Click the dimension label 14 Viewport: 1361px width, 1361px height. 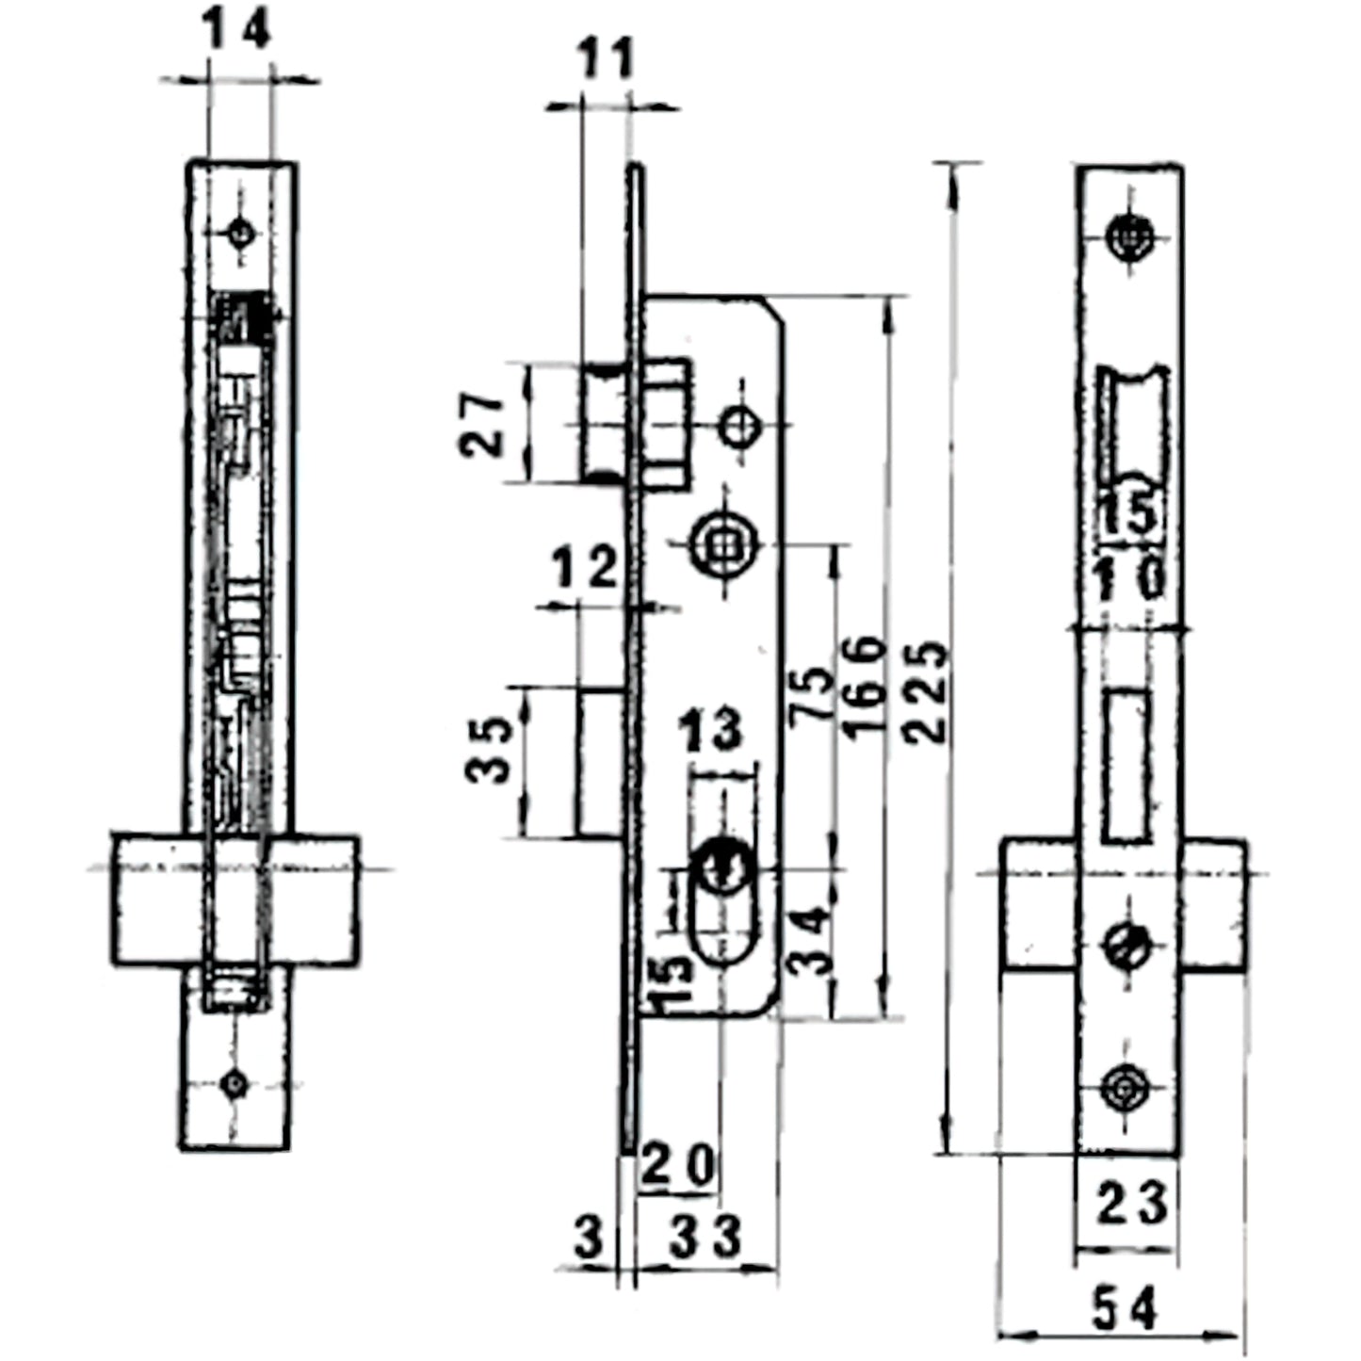pyautogui.click(x=237, y=30)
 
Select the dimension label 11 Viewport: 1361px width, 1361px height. pyautogui.click(x=604, y=59)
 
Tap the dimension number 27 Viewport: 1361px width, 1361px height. pyautogui.click(x=484, y=425)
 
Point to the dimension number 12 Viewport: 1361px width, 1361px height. pyautogui.click(x=584, y=568)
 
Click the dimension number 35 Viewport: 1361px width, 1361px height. pyautogui.click(x=489, y=751)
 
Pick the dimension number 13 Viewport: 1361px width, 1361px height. pyautogui.click(x=711, y=731)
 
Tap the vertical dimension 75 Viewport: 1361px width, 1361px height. pyautogui.click(x=811, y=695)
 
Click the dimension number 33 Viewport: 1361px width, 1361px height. pyautogui.click(x=705, y=1237)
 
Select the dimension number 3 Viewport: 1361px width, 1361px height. pyautogui.click(x=589, y=1238)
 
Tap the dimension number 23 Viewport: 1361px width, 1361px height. pyautogui.click(x=1130, y=1204)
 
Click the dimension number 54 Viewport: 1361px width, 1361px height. pyautogui.click(x=1124, y=1309)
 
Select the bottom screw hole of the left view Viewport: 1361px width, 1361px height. pyautogui.click(x=234, y=1084)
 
